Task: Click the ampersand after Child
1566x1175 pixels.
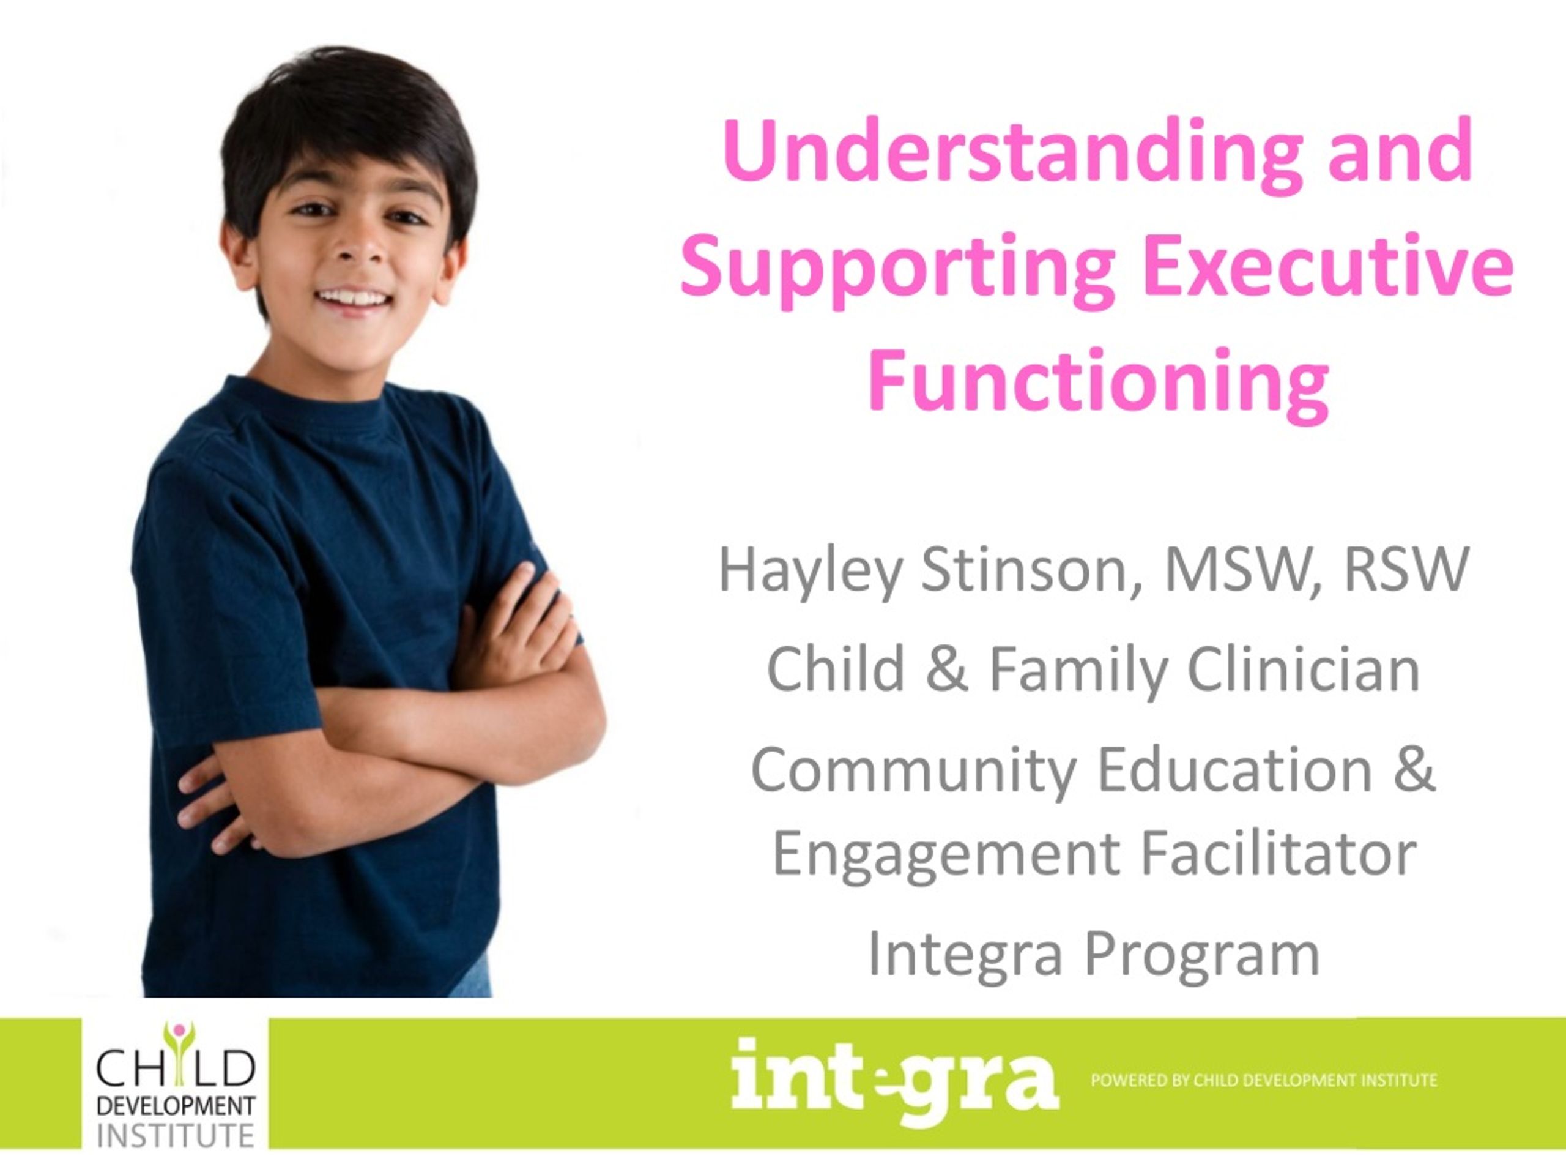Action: click(x=946, y=670)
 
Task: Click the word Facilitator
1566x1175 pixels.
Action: click(x=1278, y=854)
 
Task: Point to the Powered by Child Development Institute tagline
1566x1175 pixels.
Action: click(x=1264, y=1081)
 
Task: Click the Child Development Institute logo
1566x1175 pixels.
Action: click(x=175, y=1085)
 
